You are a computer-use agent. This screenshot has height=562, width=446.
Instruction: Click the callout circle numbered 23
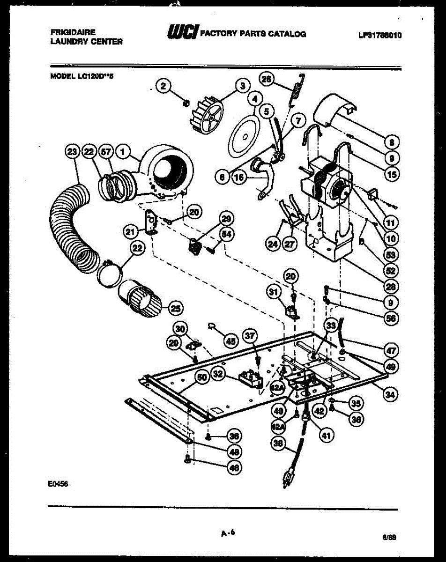(x=72, y=152)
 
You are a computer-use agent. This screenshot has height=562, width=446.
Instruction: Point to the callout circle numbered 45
(x=230, y=341)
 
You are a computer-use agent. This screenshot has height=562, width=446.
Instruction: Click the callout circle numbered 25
(x=176, y=308)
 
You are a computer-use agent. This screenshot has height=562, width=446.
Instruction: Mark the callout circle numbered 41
(x=324, y=436)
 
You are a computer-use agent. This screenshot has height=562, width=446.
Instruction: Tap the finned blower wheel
(x=207, y=114)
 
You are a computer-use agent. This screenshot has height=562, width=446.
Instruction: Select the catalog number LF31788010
(x=380, y=35)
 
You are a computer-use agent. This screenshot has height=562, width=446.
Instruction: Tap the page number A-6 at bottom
(x=227, y=532)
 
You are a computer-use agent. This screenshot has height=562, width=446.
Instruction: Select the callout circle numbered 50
(x=201, y=377)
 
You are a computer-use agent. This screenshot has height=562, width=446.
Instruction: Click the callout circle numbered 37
(x=251, y=335)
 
